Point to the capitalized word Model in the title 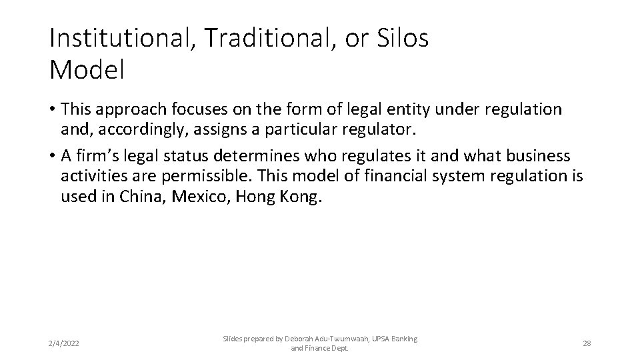[x=87, y=71]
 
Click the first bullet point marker [x=53, y=109]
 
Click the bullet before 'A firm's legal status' [x=53, y=157]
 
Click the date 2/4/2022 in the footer [x=65, y=343]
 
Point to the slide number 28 [x=587, y=343]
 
